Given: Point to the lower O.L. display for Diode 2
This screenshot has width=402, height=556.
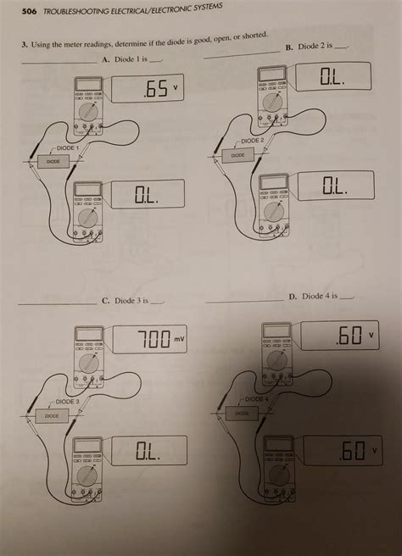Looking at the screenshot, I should [x=334, y=186].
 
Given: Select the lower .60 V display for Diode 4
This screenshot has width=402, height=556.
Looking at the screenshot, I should [x=352, y=448].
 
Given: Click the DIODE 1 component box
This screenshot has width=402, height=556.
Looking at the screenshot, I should [x=53, y=160].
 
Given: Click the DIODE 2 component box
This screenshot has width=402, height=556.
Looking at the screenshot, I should [x=237, y=156].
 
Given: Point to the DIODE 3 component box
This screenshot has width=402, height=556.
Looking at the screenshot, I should [x=52, y=415].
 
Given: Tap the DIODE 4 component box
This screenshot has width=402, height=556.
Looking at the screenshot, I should [x=242, y=414].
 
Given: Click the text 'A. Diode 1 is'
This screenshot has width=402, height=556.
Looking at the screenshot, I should [x=130, y=60].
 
